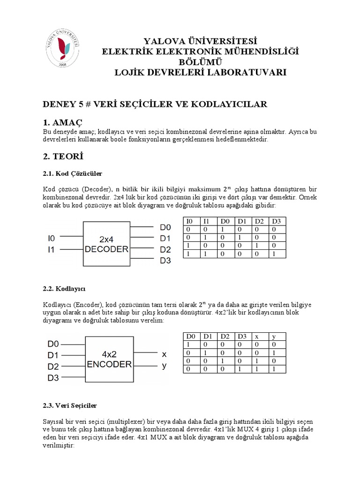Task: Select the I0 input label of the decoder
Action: (52, 239)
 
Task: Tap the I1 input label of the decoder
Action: (52, 250)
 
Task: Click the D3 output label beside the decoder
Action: (165, 261)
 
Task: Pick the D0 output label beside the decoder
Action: (165, 227)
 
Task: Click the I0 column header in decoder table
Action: (190, 221)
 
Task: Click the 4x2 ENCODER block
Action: (109, 359)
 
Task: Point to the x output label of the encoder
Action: (164, 354)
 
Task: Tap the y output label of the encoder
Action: (164, 366)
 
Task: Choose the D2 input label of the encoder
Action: (53, 366)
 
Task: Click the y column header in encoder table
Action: (273, 336)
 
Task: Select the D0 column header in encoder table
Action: (190, 336)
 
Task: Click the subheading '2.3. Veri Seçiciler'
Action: (70, 405)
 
